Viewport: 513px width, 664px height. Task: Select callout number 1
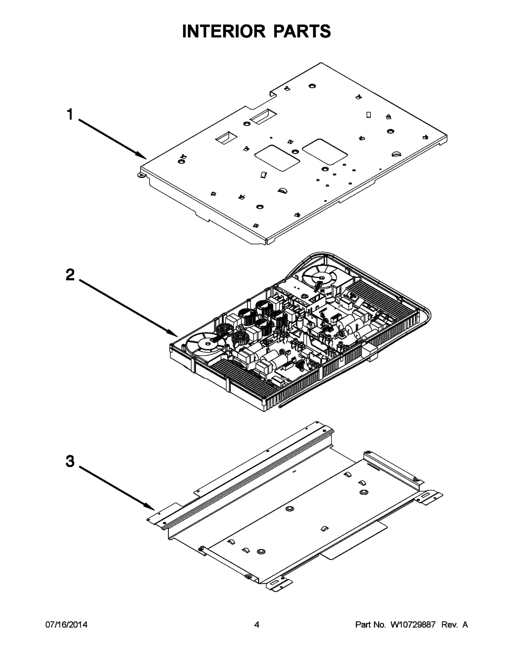(70, 115)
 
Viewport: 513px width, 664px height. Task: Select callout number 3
(70, 461)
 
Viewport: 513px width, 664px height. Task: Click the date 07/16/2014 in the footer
(66, 624)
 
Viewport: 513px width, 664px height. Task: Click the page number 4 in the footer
(257, 624)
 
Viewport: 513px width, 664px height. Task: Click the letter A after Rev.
(465, 624)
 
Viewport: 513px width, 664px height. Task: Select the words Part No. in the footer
(371, 624)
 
